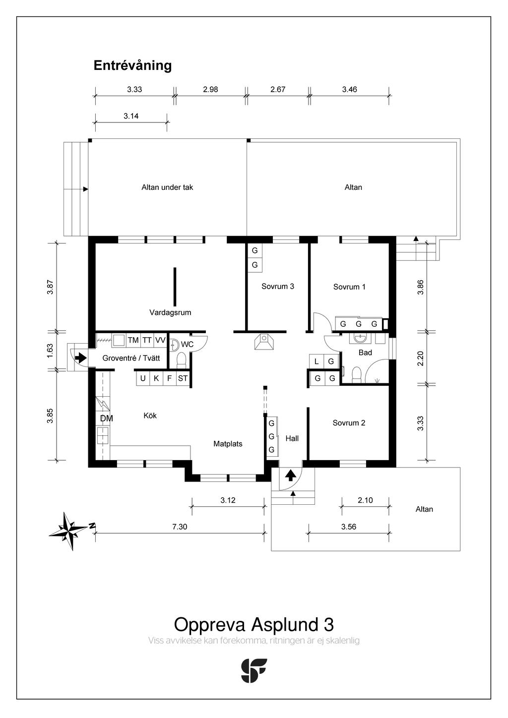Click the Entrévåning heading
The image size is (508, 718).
[x=132, y=66]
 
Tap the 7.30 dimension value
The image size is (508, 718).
[x=180, y=527]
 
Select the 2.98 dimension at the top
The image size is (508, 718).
[x=210, y=89]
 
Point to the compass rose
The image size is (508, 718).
[x=68, y=531]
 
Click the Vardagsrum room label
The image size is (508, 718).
[x=170, y=312]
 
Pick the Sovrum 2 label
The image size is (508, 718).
[x=349, y=423]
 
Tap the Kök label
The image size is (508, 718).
[x=150, y=416]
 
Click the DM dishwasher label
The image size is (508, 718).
[x=107, y=419]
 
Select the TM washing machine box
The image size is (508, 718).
[x=133, y=340]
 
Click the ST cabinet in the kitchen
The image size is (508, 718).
[x=183, y=378]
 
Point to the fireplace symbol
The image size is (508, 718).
[x=264, y=342]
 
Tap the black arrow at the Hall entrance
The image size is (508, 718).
[x=291, y=475]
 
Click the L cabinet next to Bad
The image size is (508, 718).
[x=317, y=361]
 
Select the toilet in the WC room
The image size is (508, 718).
[x=181, y=360]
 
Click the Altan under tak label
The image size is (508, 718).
[x=167, y=187]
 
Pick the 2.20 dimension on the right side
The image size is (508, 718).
[x=421, y=359]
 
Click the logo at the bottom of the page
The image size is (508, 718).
[x=254, y=670]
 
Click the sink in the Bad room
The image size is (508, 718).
[x=361, y=339]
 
